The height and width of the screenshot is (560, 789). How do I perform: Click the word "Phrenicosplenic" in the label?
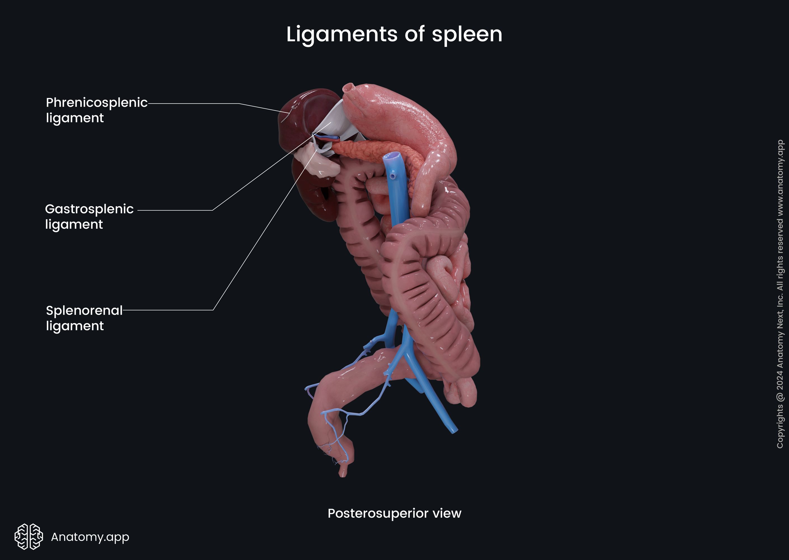97,103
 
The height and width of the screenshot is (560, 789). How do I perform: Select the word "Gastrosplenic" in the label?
89,209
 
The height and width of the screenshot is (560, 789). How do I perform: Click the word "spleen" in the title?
467,34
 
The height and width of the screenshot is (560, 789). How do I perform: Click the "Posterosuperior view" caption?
394,513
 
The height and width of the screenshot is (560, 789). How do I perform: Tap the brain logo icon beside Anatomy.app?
29,536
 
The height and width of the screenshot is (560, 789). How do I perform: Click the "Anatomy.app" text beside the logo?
90,537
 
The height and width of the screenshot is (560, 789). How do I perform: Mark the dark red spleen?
300,117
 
